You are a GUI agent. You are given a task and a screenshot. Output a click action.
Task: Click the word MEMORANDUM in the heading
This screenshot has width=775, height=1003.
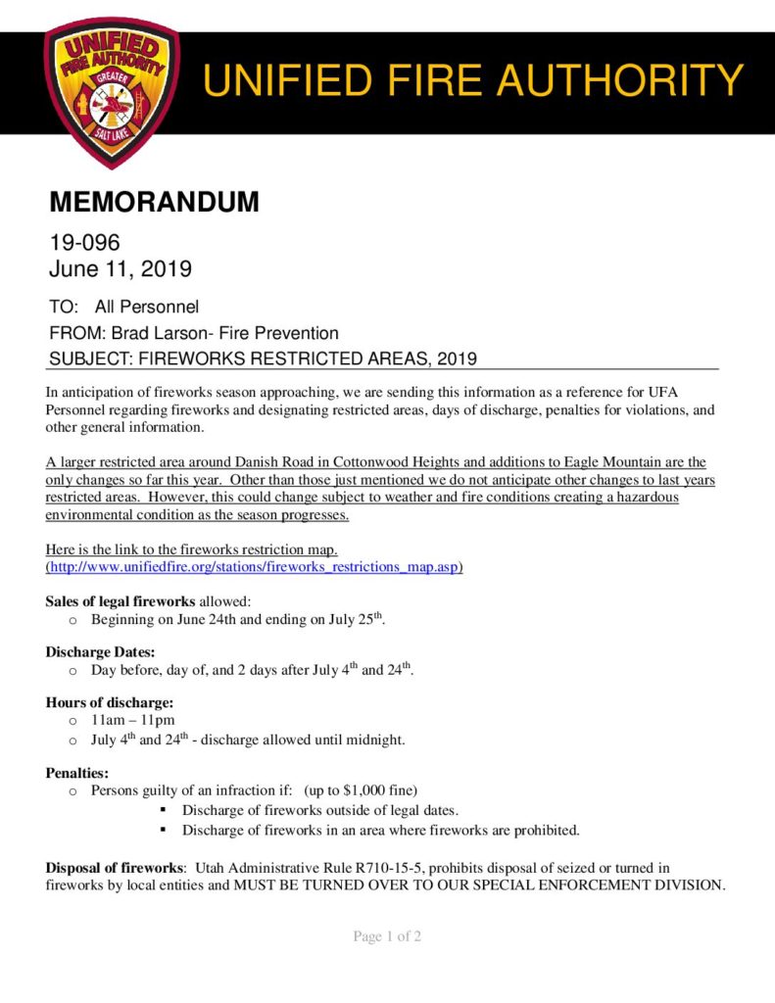154,203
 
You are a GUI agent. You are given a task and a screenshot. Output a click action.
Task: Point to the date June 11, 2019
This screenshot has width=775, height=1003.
121,267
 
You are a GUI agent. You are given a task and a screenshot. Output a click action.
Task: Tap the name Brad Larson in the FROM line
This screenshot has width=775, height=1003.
157,333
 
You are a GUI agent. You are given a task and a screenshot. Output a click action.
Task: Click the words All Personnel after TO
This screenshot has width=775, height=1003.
146,308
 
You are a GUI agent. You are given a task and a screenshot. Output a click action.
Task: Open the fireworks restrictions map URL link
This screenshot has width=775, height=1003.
255,567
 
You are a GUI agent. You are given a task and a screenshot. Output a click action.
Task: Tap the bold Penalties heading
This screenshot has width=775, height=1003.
76,772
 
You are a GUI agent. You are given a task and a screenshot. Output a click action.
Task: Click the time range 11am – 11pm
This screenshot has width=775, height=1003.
132,721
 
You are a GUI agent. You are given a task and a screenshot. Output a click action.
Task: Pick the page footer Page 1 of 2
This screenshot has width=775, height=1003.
387,937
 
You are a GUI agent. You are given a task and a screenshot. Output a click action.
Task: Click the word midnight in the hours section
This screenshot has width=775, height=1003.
374,740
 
